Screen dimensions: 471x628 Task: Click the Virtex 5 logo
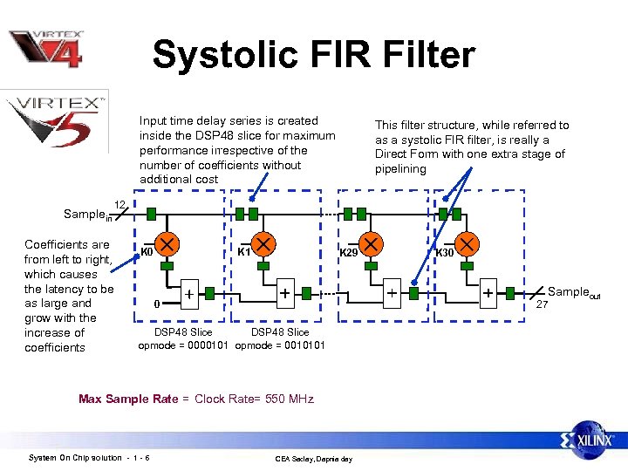57,120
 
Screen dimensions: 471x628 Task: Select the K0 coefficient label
147,252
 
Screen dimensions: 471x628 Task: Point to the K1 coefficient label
245,252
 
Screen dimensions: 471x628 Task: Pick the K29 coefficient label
348,252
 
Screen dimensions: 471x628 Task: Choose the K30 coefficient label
445,253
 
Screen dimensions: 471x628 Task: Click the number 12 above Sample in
121,204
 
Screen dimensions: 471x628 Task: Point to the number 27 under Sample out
542,304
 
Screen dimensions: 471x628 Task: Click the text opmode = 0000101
183,345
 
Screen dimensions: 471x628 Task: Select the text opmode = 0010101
280,345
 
